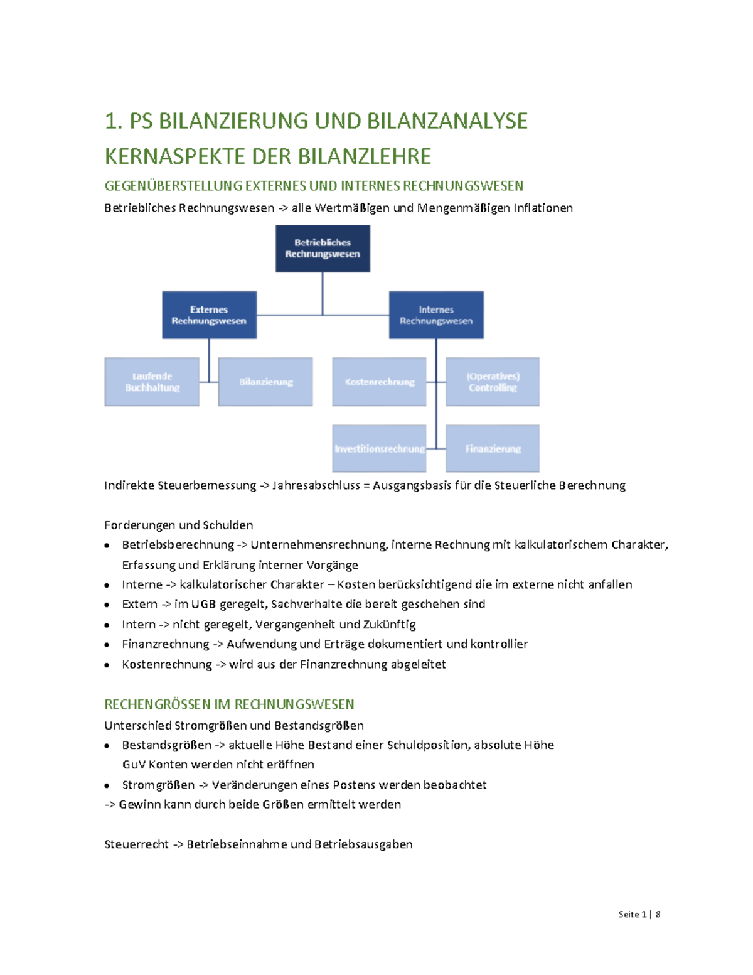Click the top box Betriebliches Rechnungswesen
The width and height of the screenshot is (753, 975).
[323, 249]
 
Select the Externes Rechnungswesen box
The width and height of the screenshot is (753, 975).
[209, 315]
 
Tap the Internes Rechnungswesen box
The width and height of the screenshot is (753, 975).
[436, 315]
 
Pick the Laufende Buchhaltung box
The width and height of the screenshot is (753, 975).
[152, 382]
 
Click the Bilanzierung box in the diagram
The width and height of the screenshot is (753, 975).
[265, 382]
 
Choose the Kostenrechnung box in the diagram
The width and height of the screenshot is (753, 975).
[379, 382]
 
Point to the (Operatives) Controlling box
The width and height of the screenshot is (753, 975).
[493, 382]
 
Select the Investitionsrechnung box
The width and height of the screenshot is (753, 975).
[379, 449]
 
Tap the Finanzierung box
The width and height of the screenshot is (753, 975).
[493, 449]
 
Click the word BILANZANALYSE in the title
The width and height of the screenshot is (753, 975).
[447, 121]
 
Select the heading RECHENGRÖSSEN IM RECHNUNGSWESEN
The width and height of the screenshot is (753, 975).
[229, 704]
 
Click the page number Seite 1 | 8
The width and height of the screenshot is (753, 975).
[639, 914]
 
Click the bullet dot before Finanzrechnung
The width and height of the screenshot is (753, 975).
[108, 645]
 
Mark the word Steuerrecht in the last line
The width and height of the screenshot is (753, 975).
[136, 844]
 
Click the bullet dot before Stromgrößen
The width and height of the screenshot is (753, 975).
[108, 785]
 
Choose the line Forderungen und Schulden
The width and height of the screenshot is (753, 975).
[179, 525]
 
